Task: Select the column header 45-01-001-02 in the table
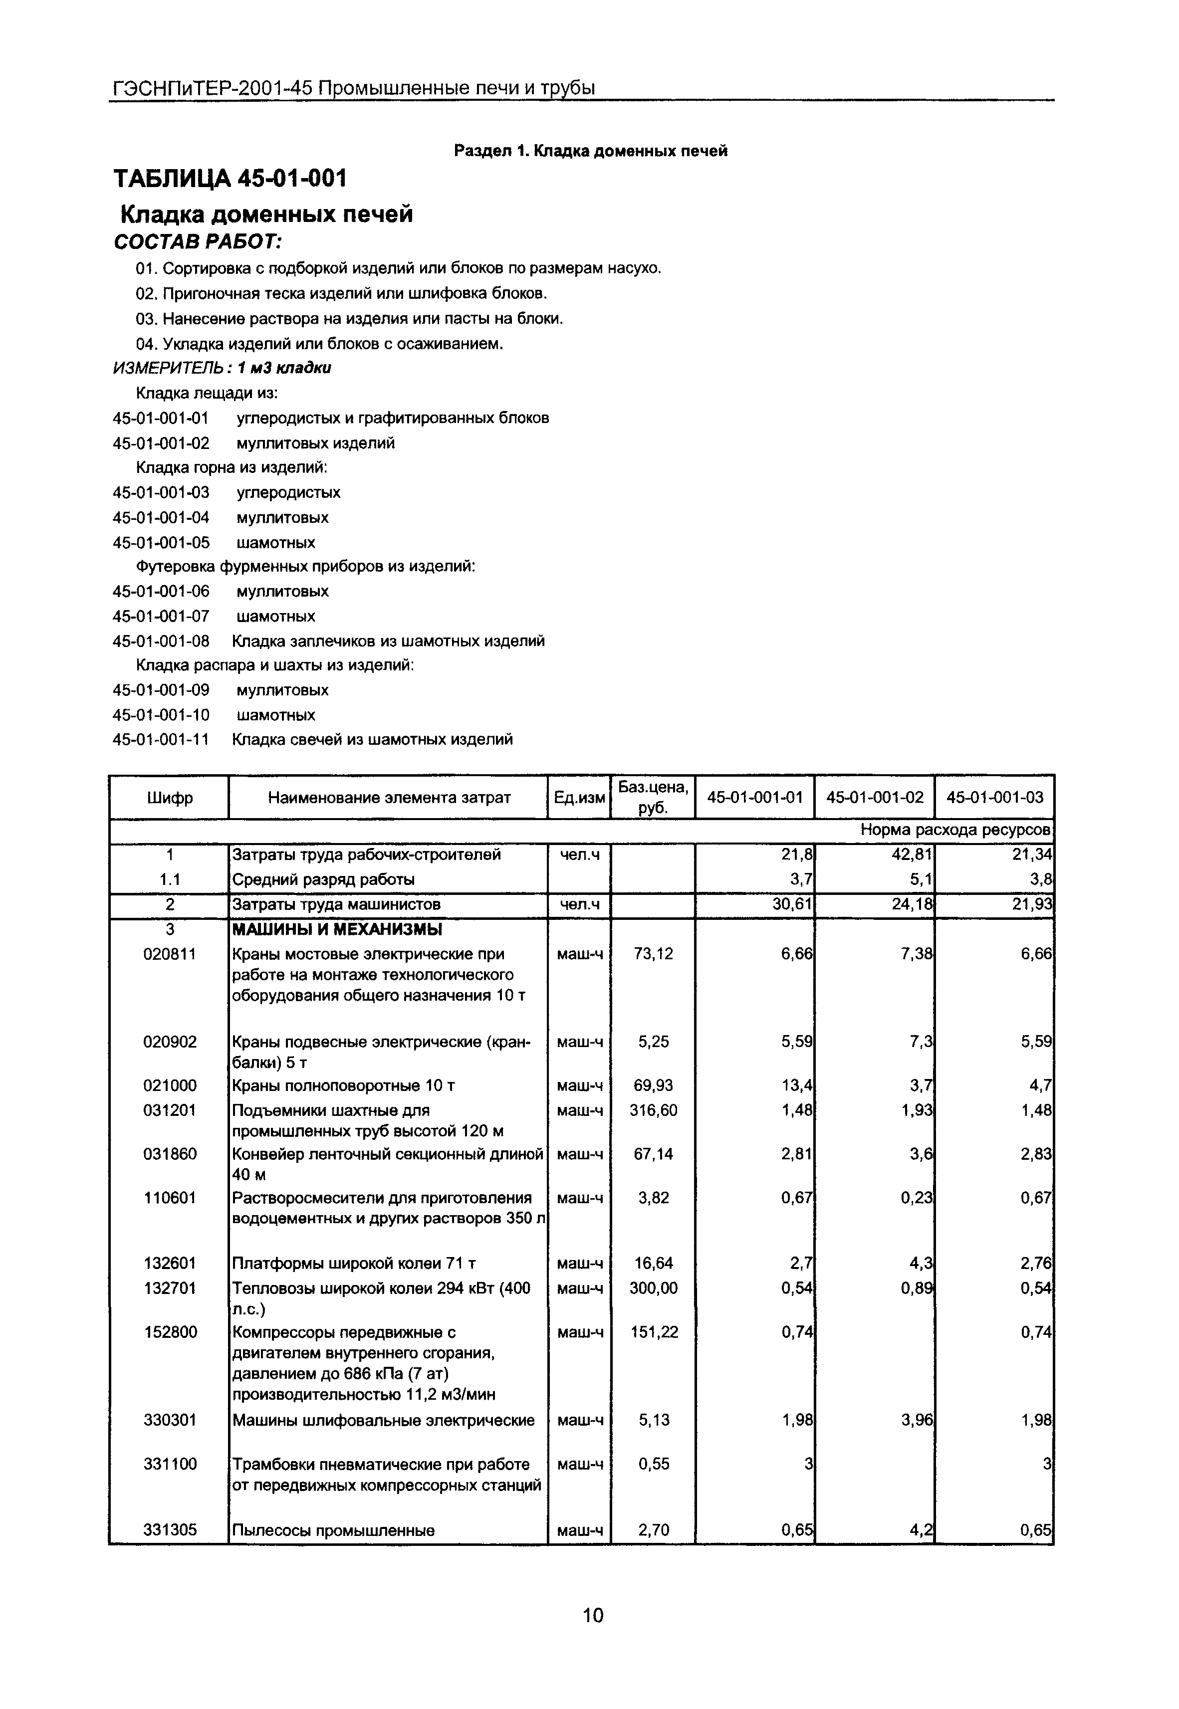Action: [x=875, y=797]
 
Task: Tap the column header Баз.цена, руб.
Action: [x=653, y=797]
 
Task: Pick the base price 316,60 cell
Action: [x=653, y=1110]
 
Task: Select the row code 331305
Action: [x=170, y=1529]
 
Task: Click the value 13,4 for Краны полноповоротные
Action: [x=798, y=1085]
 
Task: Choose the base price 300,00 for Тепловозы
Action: [x=653, y=1288]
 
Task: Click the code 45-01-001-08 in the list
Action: [x=161, y=641]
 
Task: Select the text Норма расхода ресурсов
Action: [x=956, y=830]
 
